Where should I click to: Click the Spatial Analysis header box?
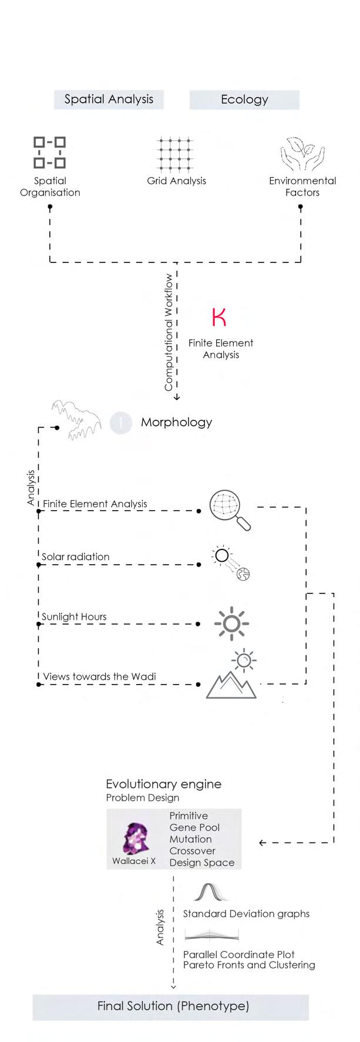[x=109, y=99]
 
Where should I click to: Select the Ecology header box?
[x=244, y=99]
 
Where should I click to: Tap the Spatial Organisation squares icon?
[x=49, y=153]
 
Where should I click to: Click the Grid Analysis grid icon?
[x=176, y=153]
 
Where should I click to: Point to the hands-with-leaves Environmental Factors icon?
[x=302, y=154]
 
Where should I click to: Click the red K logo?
[x=219, y=317]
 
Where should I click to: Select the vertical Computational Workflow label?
[x=169, y=332]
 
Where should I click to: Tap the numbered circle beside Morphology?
[x=121, y=422]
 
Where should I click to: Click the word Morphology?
[x=176, y=422]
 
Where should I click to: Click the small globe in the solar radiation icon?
[x=243, y=574]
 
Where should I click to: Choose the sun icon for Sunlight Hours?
[x=231, y=623]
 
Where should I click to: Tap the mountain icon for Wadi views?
[x=231, y=684]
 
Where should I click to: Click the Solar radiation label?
[x=75, y=557]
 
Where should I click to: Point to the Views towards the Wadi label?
[x=99, y=676]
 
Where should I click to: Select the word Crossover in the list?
[x=192, y=851]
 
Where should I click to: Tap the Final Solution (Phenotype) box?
[x=173, y=1006]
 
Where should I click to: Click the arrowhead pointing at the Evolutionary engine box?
[x=262, y=843]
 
